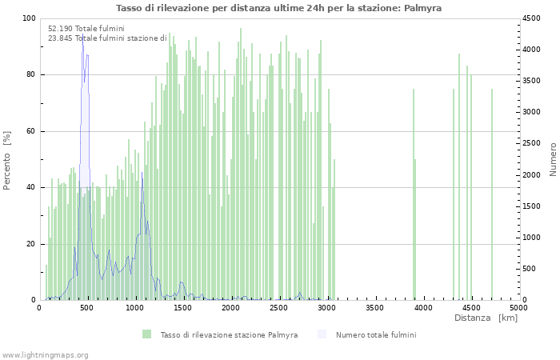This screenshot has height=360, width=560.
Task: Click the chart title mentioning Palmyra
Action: [x=278, y=8]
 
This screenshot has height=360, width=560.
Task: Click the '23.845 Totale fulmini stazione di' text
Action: [x=107, y=38]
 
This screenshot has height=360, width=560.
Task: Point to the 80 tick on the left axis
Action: [x=30, y=75]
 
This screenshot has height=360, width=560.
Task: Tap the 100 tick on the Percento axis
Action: [x=29, y=18]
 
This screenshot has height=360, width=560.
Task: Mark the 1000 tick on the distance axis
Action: [x=135, y=307]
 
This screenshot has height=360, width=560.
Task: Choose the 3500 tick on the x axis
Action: [x=375, y=307]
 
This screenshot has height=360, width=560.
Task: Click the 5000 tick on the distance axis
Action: [x=518, y=307]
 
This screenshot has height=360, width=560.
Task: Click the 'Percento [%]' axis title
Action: [x=7, y=160]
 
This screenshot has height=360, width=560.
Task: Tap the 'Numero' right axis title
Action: [x=552, y=160]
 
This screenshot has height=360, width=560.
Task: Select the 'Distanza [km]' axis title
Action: [x=486, y=318]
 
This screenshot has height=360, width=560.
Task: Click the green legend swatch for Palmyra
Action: [x=146, y=334]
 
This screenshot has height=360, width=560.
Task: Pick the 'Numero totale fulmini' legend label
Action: [x=376, y=334]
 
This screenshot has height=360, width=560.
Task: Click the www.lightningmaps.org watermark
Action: [x=45, y=354]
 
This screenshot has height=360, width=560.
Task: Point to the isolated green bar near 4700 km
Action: [x=491, y=192]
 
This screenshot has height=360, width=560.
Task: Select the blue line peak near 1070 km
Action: [x=142, y=174]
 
